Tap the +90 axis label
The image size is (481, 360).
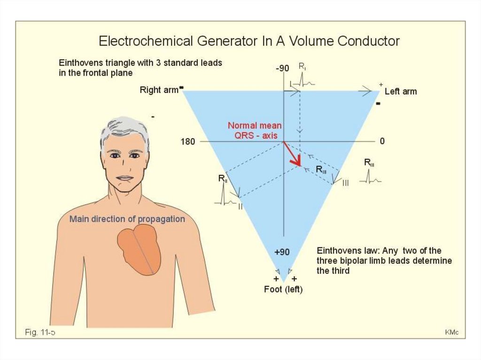point(282,252)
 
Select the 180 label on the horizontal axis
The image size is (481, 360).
point(188,141)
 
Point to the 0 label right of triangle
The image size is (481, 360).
point(382,141)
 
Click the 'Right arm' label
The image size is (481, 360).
point(159,90)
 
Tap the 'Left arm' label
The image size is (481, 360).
point(400,92)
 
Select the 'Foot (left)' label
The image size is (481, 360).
point(283,290)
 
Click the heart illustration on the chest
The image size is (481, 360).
point(140,249)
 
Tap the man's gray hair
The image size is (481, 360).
point(124,128)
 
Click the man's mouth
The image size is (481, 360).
point(124,178)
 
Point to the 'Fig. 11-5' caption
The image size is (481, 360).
point(40,333)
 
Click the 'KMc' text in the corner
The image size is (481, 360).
point(451,333)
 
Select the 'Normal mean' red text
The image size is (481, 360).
point(255,126)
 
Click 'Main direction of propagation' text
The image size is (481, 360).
point(127,219)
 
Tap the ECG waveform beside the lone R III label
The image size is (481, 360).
point(371,178)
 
